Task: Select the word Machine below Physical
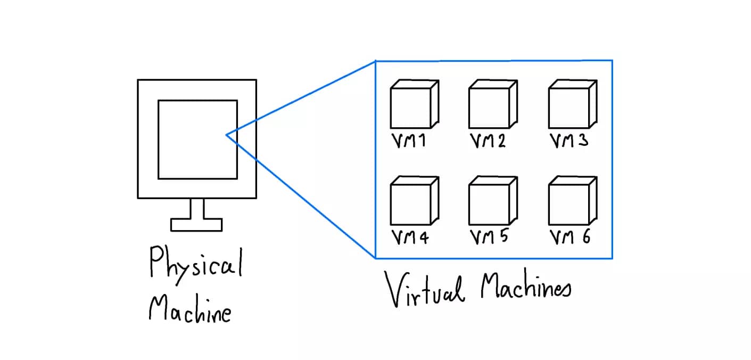point(190,310)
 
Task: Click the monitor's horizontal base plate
point(196,225)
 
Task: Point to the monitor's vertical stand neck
point(196,208)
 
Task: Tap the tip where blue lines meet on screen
point(227,135)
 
